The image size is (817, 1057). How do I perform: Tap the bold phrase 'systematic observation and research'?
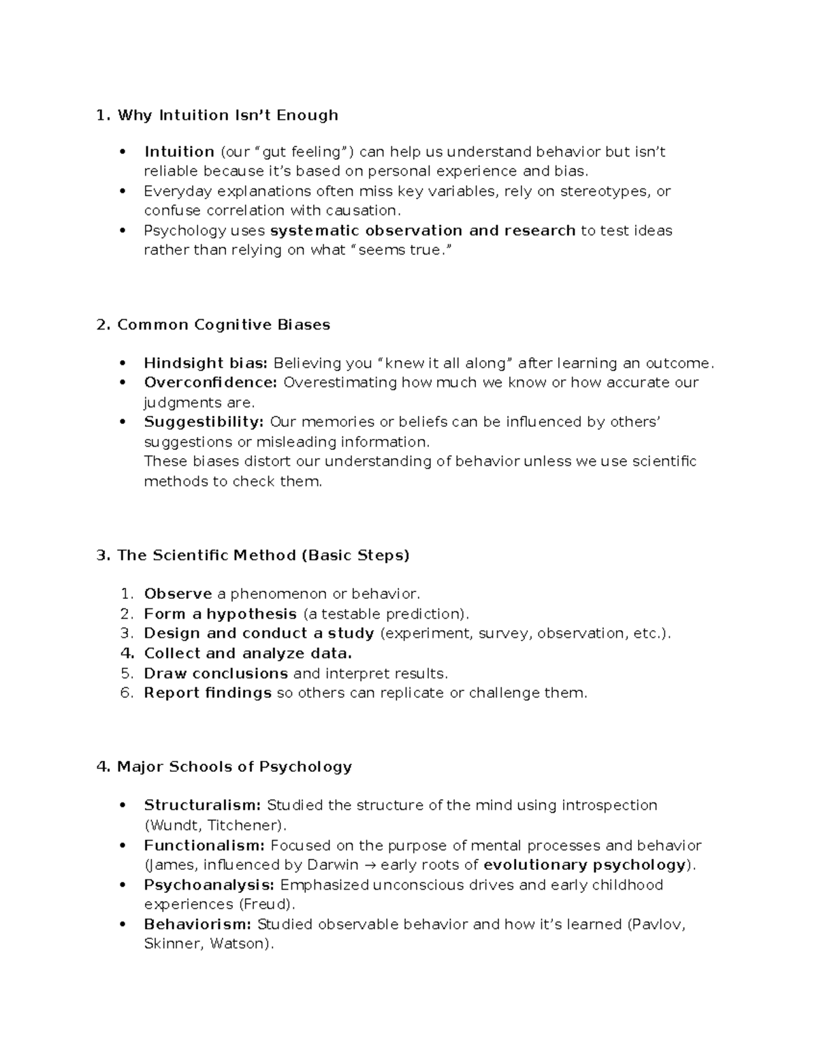pyautogui.click(x=423, y=231)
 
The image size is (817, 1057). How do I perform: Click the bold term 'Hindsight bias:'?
pyautogui.click(x=206, y=363)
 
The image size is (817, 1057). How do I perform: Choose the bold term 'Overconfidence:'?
pyautogui.click(x=210, y=383)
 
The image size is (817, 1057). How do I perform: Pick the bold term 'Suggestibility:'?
pyautogui.click(x=204, y=422)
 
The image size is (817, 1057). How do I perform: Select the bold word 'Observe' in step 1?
pyautogui.click(x=178, y=594)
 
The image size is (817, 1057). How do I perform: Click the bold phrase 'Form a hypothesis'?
pyautogui.click(x=220, y=614)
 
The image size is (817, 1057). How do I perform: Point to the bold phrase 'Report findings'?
pyautogui.click(x=208, y=693)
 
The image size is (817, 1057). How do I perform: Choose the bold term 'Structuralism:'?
pyautogui.click(x=202, y=806)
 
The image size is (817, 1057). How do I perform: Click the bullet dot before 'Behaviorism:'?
pyautogui.click(x=123, y=924)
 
